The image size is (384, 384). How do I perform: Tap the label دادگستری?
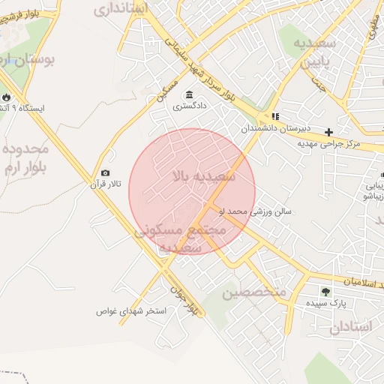(189, 106)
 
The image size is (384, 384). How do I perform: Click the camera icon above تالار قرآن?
(105, 173)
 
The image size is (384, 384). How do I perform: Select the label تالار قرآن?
(104, 184)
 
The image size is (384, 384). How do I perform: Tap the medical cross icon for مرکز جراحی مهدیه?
(328, 132)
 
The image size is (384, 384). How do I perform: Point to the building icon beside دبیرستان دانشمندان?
(275, 116)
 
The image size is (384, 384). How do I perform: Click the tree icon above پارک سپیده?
(325, 291)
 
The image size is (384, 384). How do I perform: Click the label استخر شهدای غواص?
(135, 311)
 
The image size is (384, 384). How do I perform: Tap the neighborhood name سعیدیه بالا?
(203, 177)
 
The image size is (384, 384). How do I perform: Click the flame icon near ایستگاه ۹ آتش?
(7, 97)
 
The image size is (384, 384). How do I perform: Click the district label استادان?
(349, 328)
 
